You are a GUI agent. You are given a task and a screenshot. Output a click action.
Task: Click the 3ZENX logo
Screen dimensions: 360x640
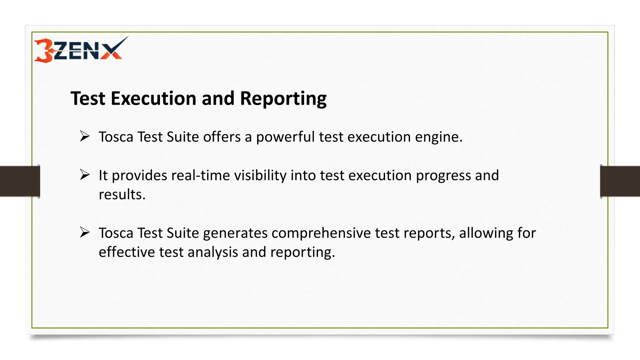pyautogui.click(x=81, y=49)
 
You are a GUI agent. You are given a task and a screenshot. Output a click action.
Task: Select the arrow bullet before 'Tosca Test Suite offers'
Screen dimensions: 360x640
pyautogui.click(x=85, y=136)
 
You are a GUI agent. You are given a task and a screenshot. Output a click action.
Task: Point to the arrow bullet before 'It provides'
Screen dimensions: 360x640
pyautogui.click(x=85, y=175)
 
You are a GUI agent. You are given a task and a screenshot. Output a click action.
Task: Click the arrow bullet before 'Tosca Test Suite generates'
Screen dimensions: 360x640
pyautogui.click(x=85, y=232)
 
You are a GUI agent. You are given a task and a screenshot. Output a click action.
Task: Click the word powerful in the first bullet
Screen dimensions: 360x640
pyautogui.click(x=285, y=137)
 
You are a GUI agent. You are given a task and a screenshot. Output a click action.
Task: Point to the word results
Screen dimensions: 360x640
pyautogui.click(x=122, y=194)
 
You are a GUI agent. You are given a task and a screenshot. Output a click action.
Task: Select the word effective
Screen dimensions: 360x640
pyautogui.click(x=127, y=252)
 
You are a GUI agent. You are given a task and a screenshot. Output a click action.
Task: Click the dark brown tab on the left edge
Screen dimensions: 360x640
pyautogui.click(x=20, y=181)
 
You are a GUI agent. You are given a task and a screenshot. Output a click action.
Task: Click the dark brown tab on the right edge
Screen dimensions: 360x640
pyautogui.click(x=620, y=181)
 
